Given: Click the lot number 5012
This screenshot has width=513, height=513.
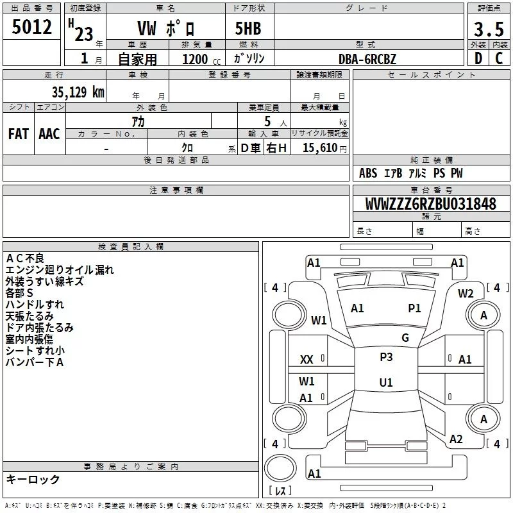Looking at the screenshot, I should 32,28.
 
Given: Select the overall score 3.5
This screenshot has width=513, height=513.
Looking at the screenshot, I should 488,29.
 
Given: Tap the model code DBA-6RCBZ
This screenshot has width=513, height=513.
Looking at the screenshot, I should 367,58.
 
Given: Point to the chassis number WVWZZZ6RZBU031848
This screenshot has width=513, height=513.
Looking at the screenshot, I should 431,205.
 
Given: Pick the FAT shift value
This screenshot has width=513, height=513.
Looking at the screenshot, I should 19,133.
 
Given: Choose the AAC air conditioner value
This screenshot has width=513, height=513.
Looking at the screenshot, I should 49,133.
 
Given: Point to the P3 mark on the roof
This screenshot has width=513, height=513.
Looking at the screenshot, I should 386,357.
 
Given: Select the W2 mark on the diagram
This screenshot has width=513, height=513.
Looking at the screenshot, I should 466,294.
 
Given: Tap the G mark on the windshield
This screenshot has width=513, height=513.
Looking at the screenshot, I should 405,338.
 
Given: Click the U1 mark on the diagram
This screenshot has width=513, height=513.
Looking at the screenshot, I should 386,383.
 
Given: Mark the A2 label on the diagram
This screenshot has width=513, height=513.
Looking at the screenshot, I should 456,439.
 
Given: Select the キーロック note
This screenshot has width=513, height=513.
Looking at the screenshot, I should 33,480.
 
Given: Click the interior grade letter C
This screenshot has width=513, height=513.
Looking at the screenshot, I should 499,58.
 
